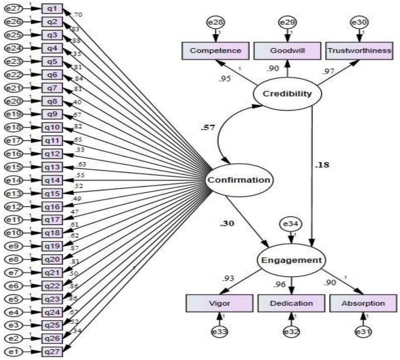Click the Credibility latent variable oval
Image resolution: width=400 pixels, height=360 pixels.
(287, 94)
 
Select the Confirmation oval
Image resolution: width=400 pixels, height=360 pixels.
(239, 180)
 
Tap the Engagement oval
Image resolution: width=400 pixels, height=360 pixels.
(291, 260)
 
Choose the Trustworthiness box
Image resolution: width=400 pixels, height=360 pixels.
(359, 50)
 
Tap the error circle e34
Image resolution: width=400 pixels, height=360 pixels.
(291, 224)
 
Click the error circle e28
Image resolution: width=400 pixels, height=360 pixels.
(215, 23)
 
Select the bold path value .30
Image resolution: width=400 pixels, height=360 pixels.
(227, 224)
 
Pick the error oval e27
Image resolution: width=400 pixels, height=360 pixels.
(13, 8)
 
